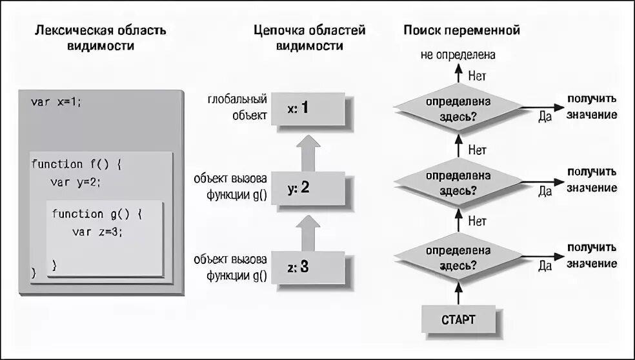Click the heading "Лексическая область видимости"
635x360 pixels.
click(x=99, y=38)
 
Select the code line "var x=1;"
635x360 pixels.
click(x=57, y=102)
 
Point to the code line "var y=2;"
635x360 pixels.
click(x=76, y=182)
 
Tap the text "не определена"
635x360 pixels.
click(x=458, y=56)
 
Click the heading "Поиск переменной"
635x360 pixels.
click(x=461, y=30)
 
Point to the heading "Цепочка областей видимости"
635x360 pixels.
click(x=309, y=38)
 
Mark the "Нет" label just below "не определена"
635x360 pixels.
click(x=478, y=76)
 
